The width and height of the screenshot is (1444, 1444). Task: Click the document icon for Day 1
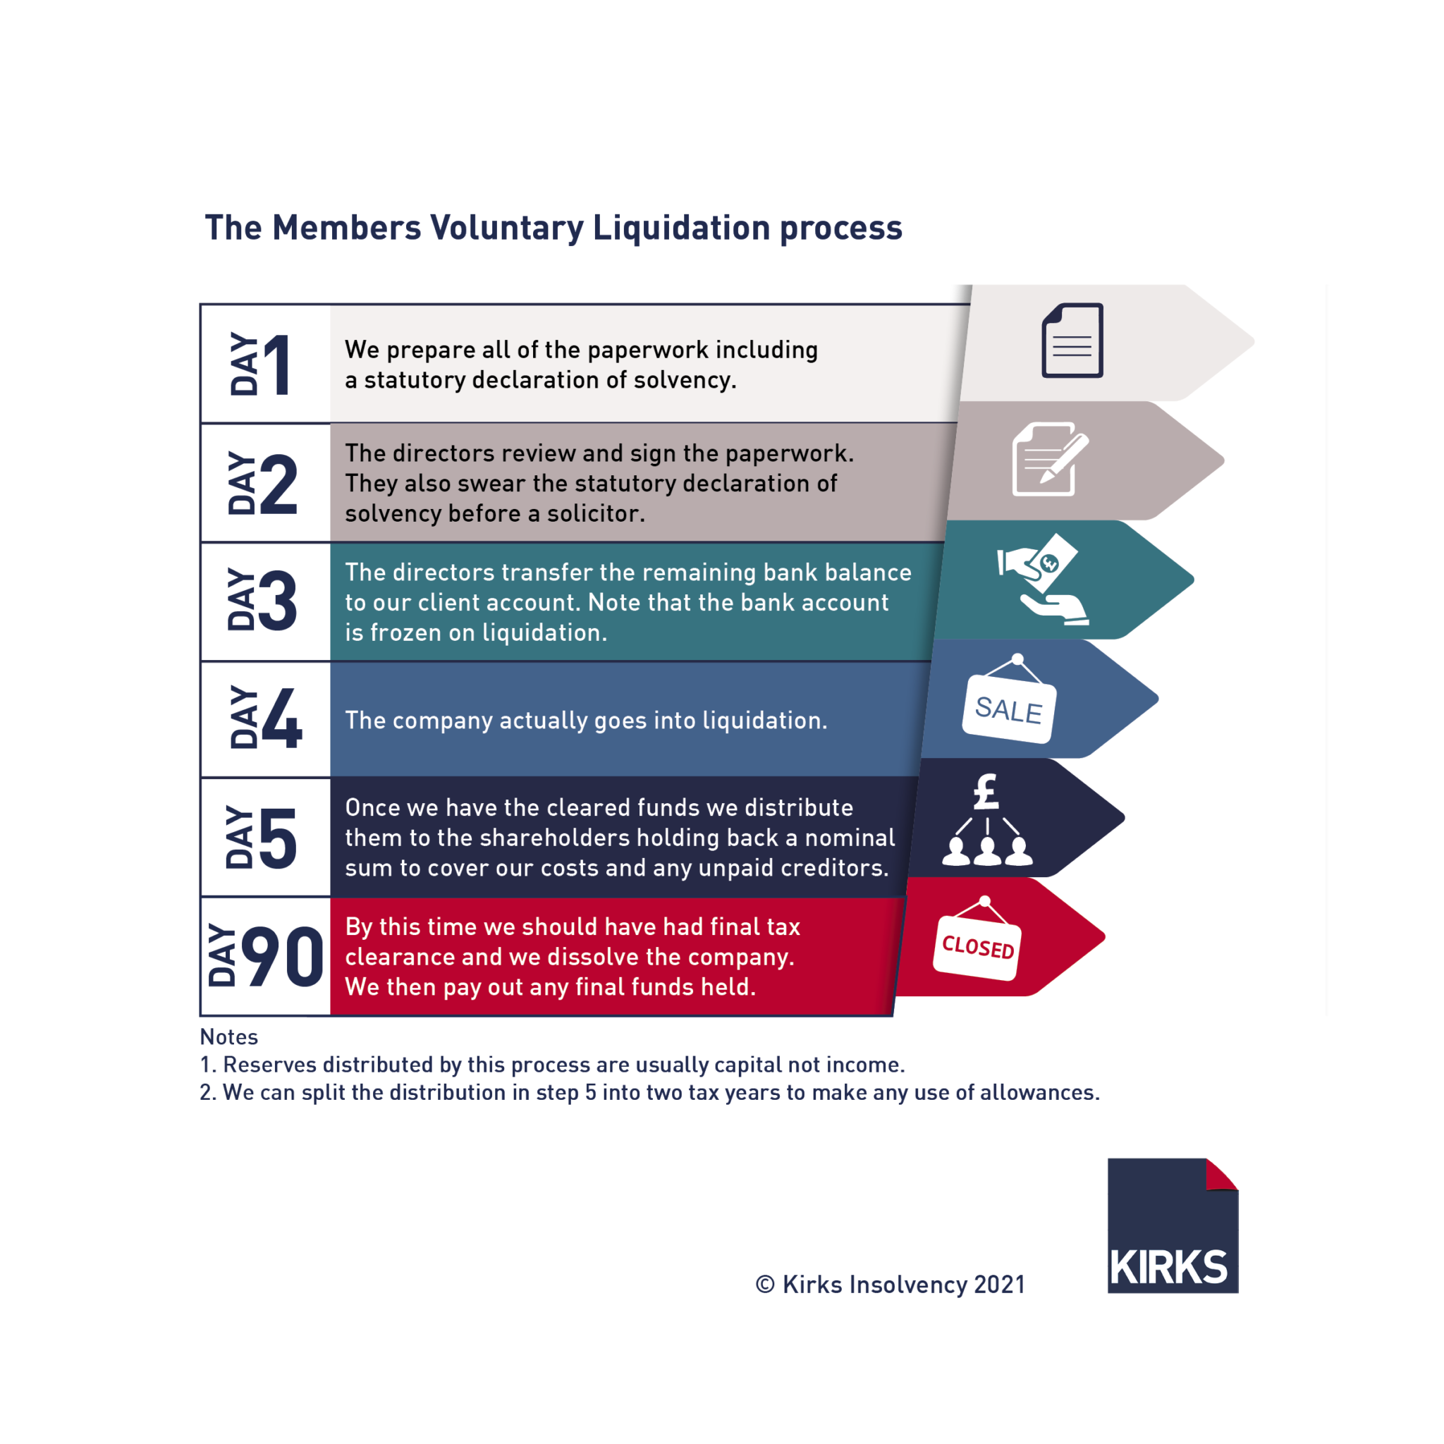click(x=1072, y=340)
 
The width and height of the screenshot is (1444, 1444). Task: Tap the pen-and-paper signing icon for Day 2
click(x=1049, y=459)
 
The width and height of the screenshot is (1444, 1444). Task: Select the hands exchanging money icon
click(x=1042, y=580)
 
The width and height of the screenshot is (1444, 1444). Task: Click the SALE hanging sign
click(x=1009, y=706)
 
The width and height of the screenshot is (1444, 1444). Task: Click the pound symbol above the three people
click(x=986, y=793)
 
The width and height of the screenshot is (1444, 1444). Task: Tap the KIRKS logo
click(x=1172, y=1225)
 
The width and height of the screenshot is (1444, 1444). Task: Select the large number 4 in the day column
click(x=282, y=719)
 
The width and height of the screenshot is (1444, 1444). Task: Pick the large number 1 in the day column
click(x=277, y=365)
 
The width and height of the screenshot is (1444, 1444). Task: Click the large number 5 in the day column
click(x=278, y=838)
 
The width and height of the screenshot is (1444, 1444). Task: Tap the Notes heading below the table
click(x=228, y=1036)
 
